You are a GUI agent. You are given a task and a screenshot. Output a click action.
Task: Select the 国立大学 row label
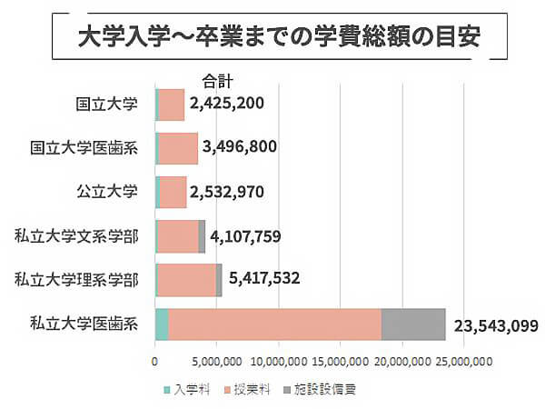107,104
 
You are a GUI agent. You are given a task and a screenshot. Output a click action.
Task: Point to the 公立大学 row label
107,191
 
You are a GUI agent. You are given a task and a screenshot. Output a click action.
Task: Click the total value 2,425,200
227,103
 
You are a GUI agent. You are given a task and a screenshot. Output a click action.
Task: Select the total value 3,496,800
240,147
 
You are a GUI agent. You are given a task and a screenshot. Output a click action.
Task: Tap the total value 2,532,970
229,192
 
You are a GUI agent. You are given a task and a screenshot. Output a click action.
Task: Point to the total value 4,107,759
245,236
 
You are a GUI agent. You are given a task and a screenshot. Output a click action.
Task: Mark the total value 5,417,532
264,278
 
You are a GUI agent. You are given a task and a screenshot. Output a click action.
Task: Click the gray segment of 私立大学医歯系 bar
413,324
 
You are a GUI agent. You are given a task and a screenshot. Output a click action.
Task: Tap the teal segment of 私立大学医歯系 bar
162,324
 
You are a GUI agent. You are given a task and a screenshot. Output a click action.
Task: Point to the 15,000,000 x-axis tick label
338,362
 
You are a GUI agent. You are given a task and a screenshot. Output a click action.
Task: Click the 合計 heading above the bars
218,79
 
